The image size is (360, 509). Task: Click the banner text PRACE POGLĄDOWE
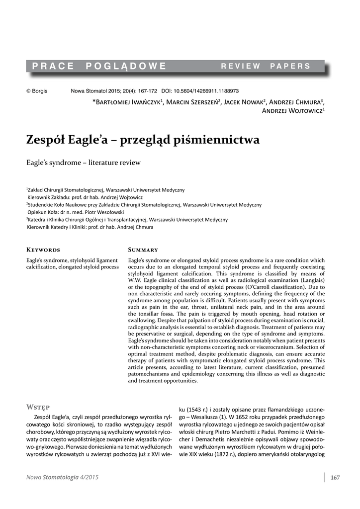(x=99, y=66)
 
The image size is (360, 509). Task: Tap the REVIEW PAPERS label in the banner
(x=266, y=66)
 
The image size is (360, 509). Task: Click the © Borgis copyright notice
(x=37, y=91)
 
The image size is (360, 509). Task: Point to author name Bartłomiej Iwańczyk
(x=128, y=102)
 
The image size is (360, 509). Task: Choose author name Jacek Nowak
(x=244, y=102)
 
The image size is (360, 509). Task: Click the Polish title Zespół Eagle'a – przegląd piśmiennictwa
(x=143, y=140)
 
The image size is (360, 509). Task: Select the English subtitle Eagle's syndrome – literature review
(x=84, y=163)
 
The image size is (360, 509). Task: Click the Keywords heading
(x=43, y=250)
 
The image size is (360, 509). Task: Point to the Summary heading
(x=143, y=250)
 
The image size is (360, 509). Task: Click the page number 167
(x=335, y=478)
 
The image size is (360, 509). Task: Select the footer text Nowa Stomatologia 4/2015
(x=62, y=478)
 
